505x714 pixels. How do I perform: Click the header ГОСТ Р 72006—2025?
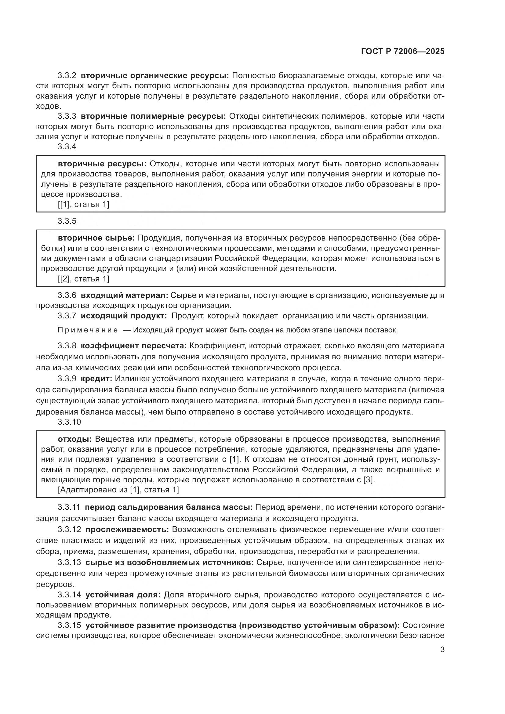pos(403,52)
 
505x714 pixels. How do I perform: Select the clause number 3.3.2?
pos(67,76)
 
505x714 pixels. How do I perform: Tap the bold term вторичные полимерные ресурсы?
pos(153,116)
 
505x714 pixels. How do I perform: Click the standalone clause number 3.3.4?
pos(67,147)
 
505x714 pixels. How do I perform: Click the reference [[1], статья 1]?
pos(83,205)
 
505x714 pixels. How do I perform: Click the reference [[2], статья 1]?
pos(83,279)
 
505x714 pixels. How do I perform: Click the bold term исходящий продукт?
pos(124,316)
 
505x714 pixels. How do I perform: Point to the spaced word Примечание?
pos(88,330)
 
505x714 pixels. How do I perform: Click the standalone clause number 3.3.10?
pos(69,422)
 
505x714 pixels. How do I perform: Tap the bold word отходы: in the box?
pos(75,439)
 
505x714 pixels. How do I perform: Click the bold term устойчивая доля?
pos(123,595)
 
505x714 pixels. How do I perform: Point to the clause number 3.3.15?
pos(69,625)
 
